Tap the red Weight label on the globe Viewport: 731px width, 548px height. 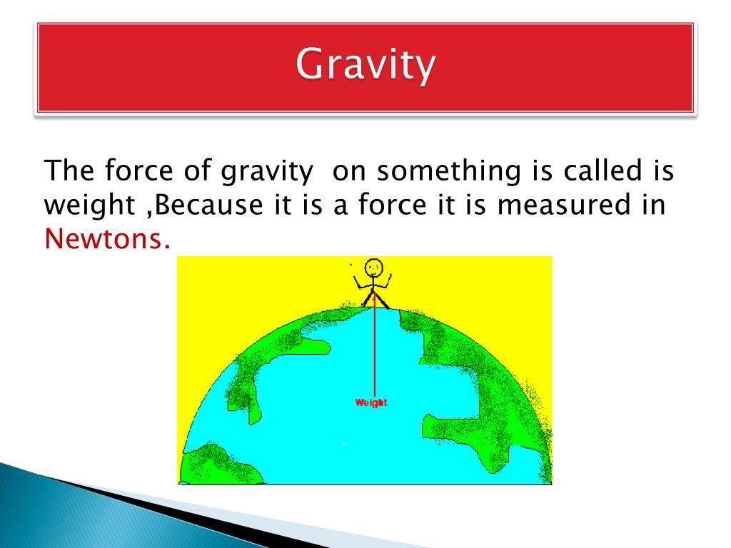click(x=371, y=402)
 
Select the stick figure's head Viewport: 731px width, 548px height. click(x=373, y=268)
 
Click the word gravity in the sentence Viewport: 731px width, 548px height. click(x=267, y=171)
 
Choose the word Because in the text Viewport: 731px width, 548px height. click(x=208, y=205)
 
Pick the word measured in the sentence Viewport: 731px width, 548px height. click(x=564, y=205)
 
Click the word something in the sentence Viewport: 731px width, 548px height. click(x=448, y=171)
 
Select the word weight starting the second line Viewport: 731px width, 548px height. click(x=89, y=205)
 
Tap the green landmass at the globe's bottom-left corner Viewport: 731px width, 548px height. click(x=219, y=465)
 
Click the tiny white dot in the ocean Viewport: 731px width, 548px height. click(x=344, y=444)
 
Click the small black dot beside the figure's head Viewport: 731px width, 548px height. click(x=351, y=265)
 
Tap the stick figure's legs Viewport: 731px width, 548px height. click(x=375, y=300)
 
